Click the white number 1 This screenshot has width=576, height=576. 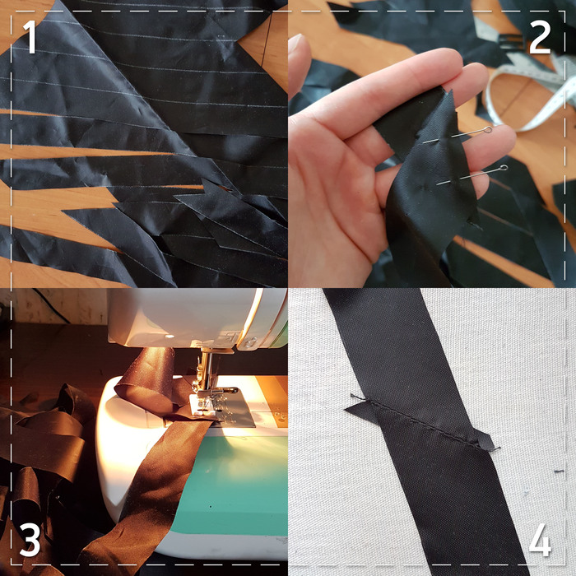[30, 37]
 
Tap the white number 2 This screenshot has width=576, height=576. [540, 37]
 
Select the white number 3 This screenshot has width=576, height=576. [30, 540]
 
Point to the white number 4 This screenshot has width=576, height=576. [540, 540]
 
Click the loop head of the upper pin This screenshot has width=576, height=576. [488, 130]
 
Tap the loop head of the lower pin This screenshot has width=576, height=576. [504, 168]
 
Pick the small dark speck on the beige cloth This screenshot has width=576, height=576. [559, 471]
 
